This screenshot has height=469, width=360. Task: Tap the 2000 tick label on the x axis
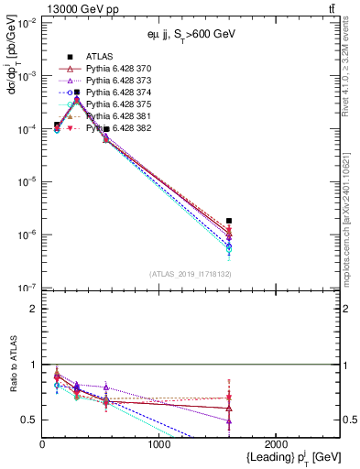(x=277, y=444)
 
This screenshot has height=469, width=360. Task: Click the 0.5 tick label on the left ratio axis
(x=31, y=420)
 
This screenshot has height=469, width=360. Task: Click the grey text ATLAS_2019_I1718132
(x=190, y=274)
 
